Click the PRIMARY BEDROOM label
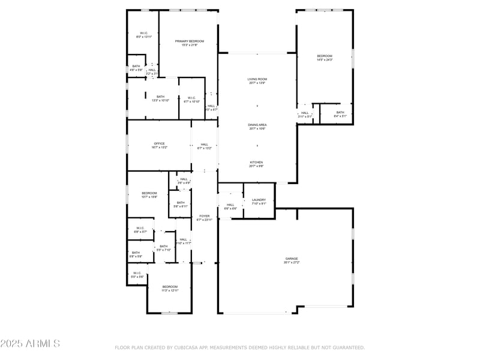point(189,41)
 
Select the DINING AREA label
point(257,125)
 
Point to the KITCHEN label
point(256,163)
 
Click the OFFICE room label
point(159,144)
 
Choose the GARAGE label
point(292,259)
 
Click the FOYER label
point(204,216)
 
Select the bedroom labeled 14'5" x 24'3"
point(324,56)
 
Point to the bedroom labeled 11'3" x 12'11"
point(170,287)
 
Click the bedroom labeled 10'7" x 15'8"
point(149,193)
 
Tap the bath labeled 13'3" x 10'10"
point(160,97)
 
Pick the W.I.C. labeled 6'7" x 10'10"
point(191,98)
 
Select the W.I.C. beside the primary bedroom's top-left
point(144,33)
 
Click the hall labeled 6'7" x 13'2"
point(204,145)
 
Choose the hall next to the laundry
point(230,205)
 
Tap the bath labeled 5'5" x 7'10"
point(163,247)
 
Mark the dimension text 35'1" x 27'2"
point(292,262)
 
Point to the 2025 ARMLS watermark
point(30,344)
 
